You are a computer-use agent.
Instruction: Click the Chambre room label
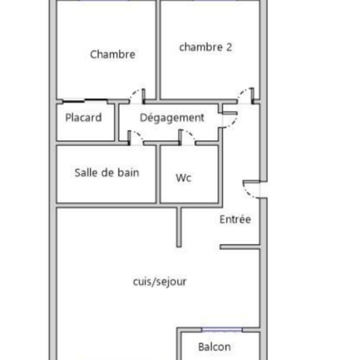(x=112, y=54)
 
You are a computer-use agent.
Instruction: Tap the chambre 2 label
(x=206, y=47)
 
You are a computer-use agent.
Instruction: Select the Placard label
(x=84, y=118)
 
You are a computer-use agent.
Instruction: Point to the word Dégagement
(x=172, y=118)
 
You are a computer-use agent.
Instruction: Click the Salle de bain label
(x=107, y=172)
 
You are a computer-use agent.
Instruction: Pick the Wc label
(x=184, y=178)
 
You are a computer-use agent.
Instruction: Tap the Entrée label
(x=235, y=219)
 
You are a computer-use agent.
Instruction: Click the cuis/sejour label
(x=159, y=282)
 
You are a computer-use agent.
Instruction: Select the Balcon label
(x=215, y=347)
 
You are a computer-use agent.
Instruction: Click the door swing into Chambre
(x=137, y=95)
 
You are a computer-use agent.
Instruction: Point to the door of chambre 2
(x=245, y=94)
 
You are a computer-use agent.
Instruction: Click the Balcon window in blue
(x=222, y=329)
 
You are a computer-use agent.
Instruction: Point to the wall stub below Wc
(x=179, y=227)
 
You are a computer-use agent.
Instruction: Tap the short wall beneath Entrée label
(x=240, y=247)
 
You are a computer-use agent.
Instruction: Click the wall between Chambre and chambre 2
(x=158, y=50)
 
